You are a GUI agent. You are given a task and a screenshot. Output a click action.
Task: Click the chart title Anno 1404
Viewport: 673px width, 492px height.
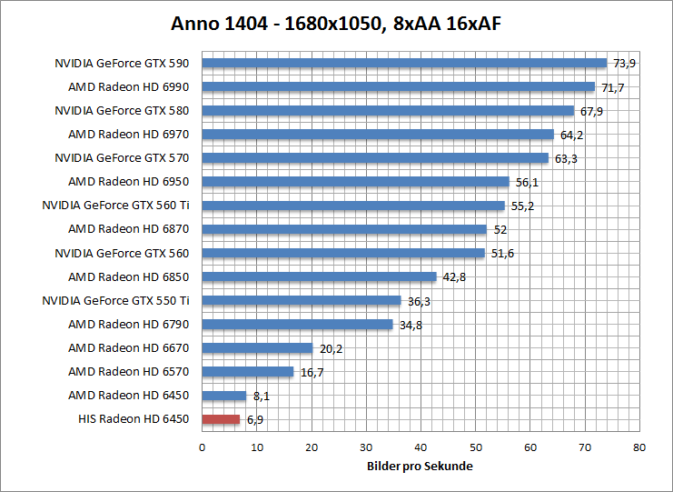336,23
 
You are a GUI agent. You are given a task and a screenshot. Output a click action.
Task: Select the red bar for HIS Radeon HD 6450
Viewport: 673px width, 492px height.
221,419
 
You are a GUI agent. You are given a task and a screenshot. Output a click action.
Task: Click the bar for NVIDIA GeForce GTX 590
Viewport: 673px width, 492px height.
404,63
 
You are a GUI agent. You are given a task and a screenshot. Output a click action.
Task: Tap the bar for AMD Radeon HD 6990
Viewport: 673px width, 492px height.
398,87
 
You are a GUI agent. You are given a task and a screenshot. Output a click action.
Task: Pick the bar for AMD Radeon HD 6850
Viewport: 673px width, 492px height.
319,276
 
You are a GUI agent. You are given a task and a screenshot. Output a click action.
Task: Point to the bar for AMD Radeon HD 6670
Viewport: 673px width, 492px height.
257,347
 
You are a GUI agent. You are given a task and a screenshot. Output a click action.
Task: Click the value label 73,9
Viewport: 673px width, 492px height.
625,64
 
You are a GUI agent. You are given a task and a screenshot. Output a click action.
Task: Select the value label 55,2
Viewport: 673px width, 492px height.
522,206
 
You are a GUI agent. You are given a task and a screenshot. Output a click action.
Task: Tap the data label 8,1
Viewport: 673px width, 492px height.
262,397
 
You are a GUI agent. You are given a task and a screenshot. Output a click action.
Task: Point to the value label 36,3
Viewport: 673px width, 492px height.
419,301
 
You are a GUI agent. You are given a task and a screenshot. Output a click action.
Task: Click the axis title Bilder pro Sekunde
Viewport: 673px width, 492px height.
421,467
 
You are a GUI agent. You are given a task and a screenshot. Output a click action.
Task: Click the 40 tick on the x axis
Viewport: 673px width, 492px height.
421,447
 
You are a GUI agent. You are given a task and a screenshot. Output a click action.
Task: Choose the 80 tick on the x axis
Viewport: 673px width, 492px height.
639,447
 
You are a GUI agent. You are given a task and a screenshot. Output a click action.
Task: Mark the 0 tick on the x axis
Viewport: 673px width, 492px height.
202,447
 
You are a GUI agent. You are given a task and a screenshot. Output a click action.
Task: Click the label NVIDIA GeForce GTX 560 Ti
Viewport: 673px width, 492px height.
115,206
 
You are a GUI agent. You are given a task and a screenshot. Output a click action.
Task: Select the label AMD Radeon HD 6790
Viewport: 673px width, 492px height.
128,324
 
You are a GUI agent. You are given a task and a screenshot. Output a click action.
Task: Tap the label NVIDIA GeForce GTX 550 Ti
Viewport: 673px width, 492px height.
115,300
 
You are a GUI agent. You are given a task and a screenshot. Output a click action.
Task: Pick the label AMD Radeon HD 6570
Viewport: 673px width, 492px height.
128,371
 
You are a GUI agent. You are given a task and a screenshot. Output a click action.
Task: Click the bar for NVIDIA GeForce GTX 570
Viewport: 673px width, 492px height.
375,158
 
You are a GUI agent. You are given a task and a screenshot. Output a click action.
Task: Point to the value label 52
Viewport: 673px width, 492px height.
500,230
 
